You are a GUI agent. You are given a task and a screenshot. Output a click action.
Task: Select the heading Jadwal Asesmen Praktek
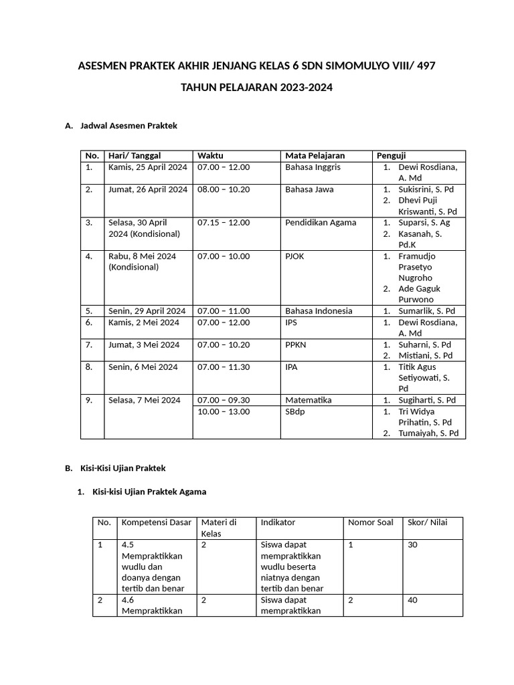pyautogui.click(x=128, y=125)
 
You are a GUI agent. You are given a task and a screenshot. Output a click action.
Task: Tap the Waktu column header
pyautogui.click(x=210, y=156)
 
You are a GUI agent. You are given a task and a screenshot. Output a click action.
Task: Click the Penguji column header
pyautogui.click(x=392, y=156)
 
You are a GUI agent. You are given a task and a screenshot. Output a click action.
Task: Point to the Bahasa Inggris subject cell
pyautogui.click(x=313, y=167)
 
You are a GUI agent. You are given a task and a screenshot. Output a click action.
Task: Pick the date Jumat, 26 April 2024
pyautogui.click(x=147, y=189)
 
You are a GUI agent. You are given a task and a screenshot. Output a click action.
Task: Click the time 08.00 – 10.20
pyautogui.click(x=224, y=189)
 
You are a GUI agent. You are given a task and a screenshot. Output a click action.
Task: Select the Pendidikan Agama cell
pyautogui.click(x=321, y=223)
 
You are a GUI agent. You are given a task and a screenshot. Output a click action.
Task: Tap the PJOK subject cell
pyautogui.click(x=294, y=256)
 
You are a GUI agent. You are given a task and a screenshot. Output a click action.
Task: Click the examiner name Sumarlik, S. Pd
pyautogui.click(x=426, y=311)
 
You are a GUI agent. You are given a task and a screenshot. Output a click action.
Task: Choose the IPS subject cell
pyautogui.click(x=291, y=322)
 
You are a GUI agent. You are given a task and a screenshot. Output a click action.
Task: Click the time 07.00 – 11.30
pyautogui.click(x=224, y=367)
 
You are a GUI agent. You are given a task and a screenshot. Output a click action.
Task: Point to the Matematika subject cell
pyautogui.click(x=308, y=400)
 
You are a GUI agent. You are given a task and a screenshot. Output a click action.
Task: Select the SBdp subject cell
pyautogui.click(x=295, y=411)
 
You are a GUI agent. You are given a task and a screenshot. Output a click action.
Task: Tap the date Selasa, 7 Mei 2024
pyautogui.click(x=144, y=400)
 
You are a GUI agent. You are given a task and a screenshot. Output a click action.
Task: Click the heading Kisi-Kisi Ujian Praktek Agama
pyautogui.click(x=149, y=492)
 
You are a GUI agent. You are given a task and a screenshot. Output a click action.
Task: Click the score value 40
pyautogui.click(x=412, y=600)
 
